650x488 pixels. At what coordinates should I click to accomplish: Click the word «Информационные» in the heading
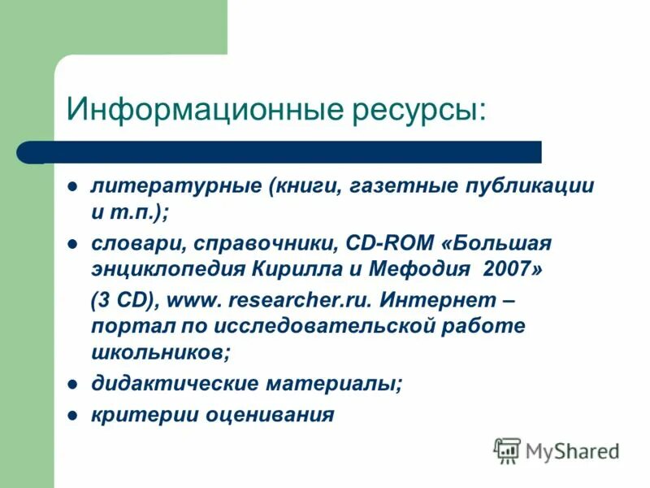[x=186, y=107]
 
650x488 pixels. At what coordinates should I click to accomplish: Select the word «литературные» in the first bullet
[x=175, y=185]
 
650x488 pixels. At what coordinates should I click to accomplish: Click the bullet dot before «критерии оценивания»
[x=71, y=414]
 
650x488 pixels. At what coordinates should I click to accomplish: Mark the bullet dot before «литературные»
[x=71, y=185]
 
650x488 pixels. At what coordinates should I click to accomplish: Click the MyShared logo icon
[x=507, y=451]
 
